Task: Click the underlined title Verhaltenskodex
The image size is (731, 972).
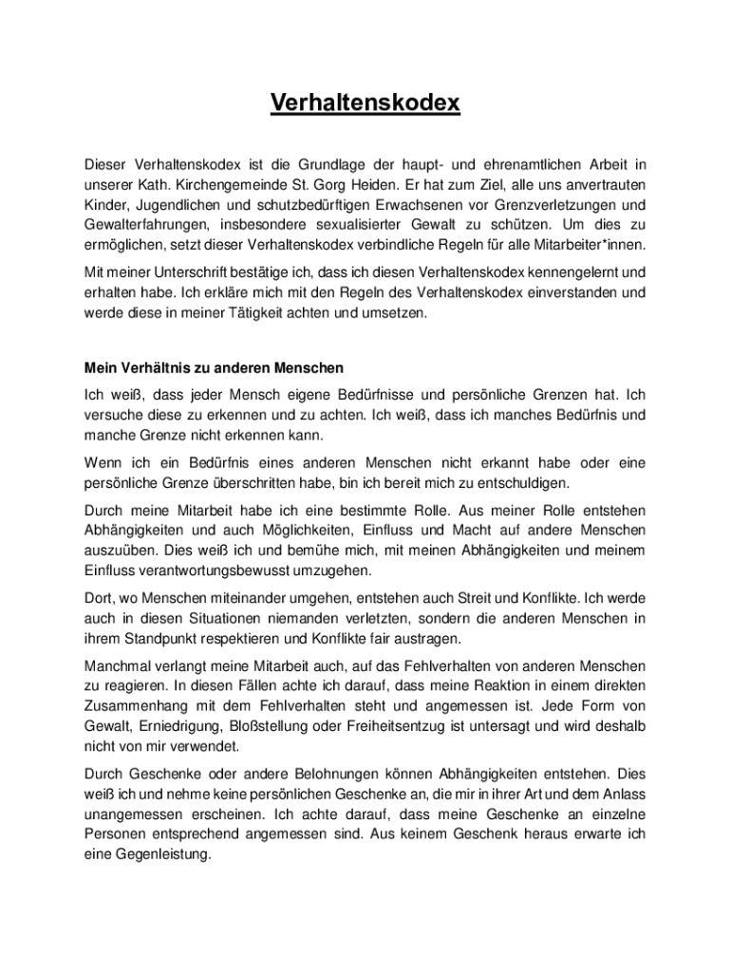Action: (x=365, y=103)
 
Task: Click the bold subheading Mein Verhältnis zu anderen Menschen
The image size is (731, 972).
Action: (x=214, y=367)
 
